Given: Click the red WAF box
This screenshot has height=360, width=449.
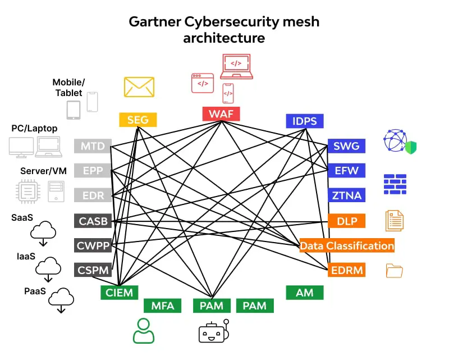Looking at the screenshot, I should click(x=221, y=114).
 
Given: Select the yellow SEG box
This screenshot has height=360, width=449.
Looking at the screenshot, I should click(x=138, y=120).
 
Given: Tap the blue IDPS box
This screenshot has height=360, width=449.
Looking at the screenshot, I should click(x=304, y=121).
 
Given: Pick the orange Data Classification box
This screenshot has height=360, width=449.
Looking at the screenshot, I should click(x=347, y=245).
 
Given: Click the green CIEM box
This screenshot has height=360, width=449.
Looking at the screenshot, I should click(x=118, y=292).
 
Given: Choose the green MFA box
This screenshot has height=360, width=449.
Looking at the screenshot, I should click(x=163, y=306).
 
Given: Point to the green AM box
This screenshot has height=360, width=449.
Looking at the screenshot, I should click(x=304, y=293).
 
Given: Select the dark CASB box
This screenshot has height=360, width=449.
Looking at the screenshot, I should click(x=93, y=221).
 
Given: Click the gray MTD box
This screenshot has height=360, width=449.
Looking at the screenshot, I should click(x=93, y=146).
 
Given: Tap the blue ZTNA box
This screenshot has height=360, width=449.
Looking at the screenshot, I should click(x=347, y=195).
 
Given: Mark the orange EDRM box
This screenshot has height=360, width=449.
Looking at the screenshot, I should click(x=347, y=270).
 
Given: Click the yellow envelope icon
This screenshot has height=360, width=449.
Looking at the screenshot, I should click(x=139, y=87).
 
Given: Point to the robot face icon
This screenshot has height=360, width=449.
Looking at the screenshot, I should click(x=214, y=331).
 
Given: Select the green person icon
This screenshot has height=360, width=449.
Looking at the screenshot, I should click(x=143, y=331).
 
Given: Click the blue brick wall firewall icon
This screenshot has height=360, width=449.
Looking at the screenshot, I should click(x=395, y=184).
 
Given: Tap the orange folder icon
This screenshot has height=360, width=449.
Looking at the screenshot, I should click(x=395, y=271).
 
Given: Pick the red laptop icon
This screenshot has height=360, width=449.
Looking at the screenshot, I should click(x=236, y=67).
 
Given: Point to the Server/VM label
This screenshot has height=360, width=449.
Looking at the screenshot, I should click(x=43, y=171).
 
